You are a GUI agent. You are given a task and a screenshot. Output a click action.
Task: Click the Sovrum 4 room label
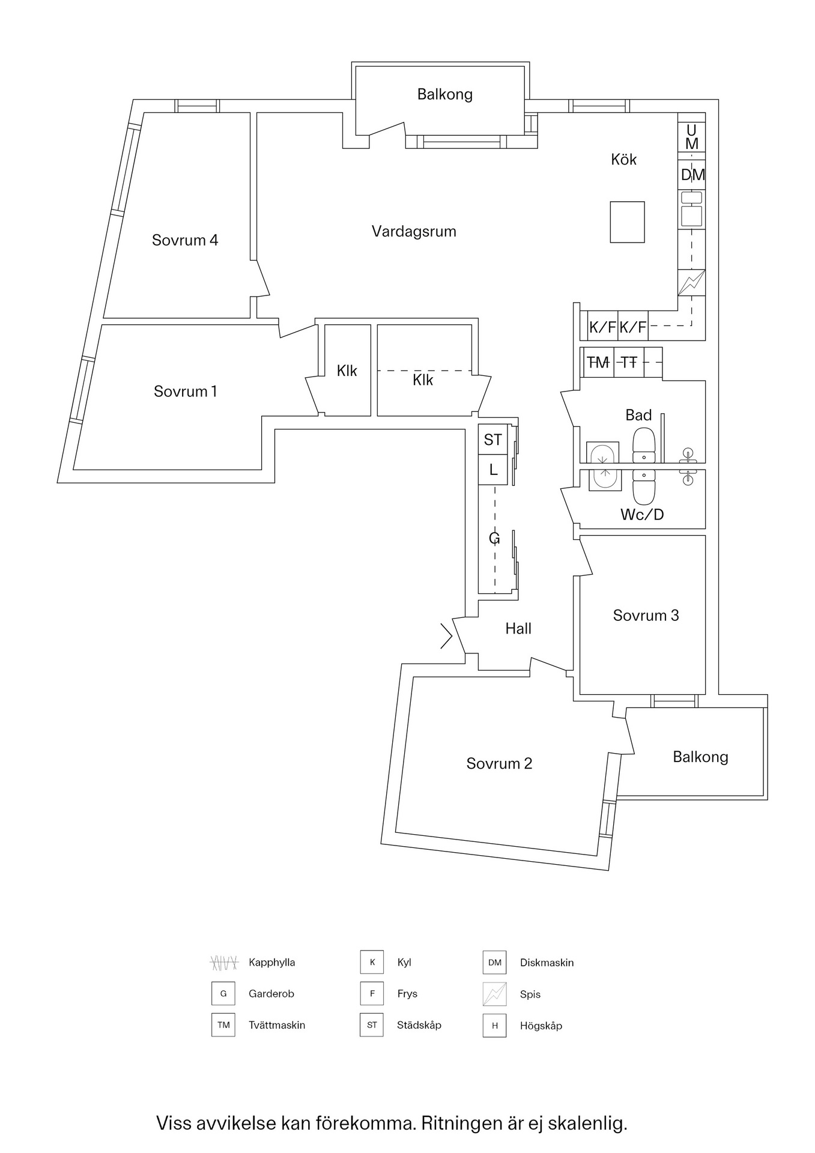point(184,240)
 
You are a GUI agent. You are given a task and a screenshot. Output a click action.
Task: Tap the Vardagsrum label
point(414,231)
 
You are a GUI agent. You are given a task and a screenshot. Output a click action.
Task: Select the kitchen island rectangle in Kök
point(627,222)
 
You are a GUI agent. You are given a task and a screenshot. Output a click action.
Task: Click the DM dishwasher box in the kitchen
point(692,175)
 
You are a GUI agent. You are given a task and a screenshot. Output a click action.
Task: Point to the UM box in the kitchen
point(692,137)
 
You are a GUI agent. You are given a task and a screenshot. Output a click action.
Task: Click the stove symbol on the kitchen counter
point(691,283)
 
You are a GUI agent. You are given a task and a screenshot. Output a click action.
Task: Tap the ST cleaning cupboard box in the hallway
point(493,440)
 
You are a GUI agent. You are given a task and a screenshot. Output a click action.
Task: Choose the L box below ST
point(493,470)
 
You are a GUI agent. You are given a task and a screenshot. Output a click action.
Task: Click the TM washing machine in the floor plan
point(598,362)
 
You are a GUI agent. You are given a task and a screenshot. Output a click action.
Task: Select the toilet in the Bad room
point(643,444)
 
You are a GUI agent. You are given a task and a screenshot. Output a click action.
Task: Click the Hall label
point(518,629)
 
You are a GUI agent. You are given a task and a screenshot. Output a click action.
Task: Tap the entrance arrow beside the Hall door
point(446,637)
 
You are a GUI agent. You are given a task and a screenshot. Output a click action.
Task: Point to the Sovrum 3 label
point(646,616)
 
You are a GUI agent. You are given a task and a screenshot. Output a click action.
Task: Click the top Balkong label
point(445,94)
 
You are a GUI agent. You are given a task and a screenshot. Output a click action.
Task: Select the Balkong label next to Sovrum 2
point(700,757)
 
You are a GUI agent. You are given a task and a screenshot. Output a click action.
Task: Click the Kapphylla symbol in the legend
point(224,963)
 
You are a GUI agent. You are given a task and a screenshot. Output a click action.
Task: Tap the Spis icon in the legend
point(494,994)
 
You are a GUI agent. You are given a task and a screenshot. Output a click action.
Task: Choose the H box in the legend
point(494,1026)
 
